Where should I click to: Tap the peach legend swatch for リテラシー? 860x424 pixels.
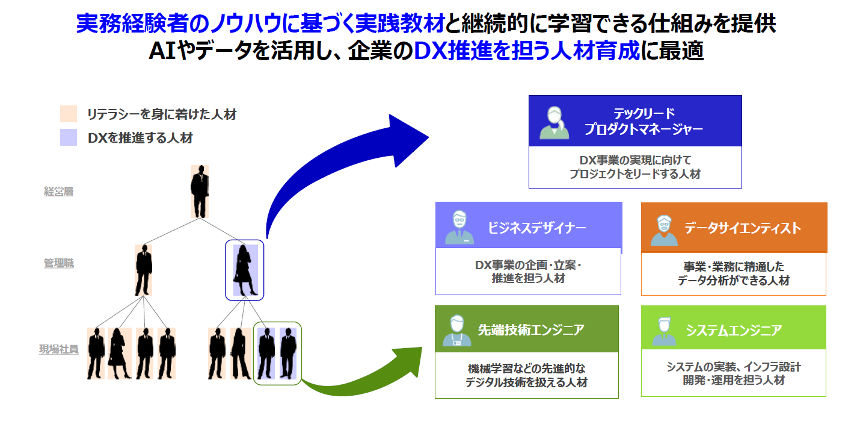pos(68,114)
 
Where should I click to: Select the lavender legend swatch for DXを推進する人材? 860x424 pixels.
pos(68,137)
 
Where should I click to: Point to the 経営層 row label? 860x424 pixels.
pos(59,192)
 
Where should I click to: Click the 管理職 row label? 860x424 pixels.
pos(59,263)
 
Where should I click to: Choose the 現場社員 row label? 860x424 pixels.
pos(59,349)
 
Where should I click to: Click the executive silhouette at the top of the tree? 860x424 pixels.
pos(200,191)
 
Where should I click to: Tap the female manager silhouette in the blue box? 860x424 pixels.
pos(245,270)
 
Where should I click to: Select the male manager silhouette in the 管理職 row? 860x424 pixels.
pos(143,269)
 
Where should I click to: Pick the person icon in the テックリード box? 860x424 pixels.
pos(554,122)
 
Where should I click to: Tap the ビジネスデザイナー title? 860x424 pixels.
pos(536,228)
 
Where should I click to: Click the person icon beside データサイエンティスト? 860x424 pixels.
pos(664,229)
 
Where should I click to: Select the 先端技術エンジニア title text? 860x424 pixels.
pos(531,329)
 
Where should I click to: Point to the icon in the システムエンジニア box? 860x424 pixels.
pos(664,331)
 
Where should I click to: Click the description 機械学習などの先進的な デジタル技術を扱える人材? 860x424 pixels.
pos(526,375)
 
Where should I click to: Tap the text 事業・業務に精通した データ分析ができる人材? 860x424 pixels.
pos(733,273)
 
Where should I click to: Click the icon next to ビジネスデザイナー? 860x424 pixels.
pos(459,227)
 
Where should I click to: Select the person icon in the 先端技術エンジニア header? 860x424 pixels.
pos(458,330)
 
